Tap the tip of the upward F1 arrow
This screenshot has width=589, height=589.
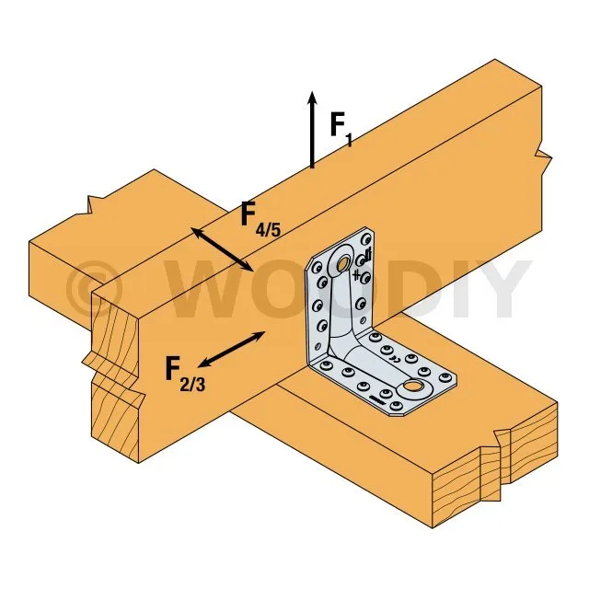[313, 93]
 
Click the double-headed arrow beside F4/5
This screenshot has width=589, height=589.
[223, 248]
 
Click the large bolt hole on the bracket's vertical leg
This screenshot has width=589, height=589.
[343, 265]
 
